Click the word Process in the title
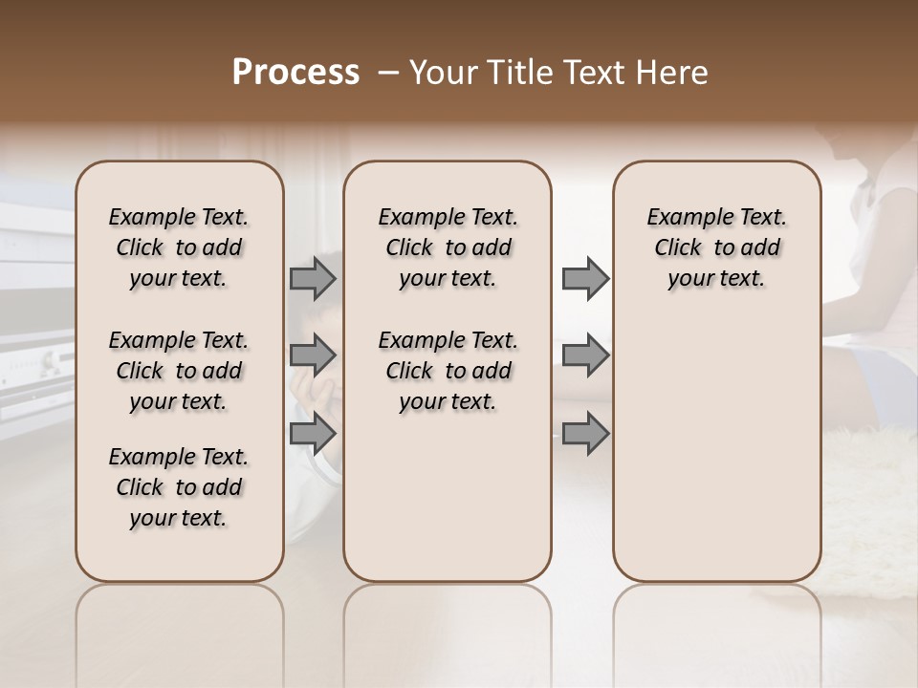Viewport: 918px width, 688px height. pos(295,73)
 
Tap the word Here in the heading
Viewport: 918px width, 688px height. pos(674,73)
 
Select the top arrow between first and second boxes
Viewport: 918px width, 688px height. pos(313,278)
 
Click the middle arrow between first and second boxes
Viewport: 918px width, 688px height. pos(313,355)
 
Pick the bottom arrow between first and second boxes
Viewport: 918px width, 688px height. pos(313,433)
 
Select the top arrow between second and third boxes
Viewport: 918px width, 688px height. pos(585,278)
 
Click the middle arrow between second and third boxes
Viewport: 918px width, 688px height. pos(585,355)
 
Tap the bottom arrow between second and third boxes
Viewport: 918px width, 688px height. pos(585,433)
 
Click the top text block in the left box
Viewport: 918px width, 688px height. pos(179,247)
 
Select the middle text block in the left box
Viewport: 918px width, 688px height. pos(179,371)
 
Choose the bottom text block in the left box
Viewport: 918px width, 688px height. pos(179,487)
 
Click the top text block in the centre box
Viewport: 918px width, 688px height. pos(448,247)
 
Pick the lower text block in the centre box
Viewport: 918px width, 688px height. pos(448,371)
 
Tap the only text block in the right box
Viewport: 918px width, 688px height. pos(717,247)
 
